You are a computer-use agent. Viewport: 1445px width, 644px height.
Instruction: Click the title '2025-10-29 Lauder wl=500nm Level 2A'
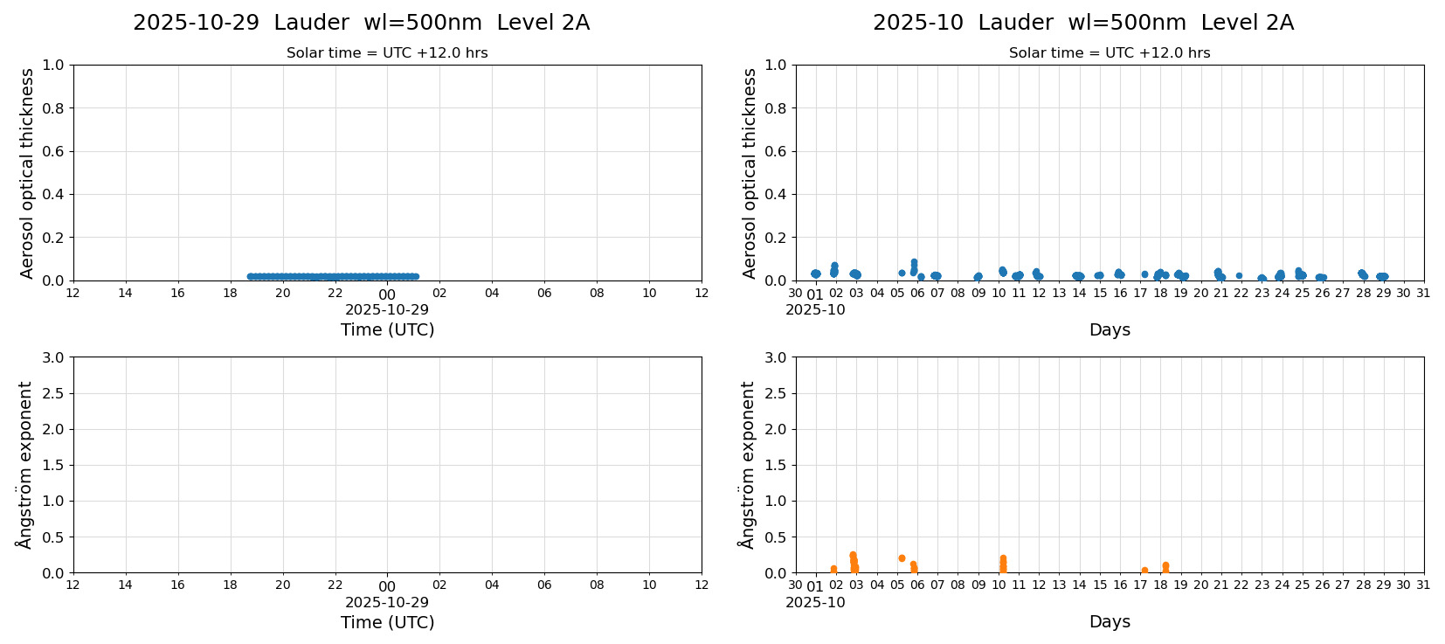point(361,24)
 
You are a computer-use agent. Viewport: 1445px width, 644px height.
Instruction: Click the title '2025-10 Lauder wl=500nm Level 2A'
point(1082,24)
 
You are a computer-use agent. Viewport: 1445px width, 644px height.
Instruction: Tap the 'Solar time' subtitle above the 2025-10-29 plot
point(387,53)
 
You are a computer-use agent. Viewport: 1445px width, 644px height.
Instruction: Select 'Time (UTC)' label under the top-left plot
point(387,329)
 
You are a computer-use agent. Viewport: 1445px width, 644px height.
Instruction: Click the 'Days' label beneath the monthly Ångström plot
point(1110,622)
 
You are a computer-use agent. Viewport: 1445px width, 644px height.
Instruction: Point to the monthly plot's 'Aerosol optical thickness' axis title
point(750,173)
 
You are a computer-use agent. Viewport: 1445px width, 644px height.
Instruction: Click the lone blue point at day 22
point(1239,276)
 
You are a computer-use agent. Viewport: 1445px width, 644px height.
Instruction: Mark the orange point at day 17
point(1144,571)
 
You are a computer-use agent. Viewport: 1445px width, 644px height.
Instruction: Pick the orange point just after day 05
point(902,558)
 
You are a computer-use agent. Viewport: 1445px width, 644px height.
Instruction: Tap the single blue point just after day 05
point(902,274)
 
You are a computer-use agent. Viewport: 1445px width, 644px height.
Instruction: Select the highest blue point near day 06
point(914,262)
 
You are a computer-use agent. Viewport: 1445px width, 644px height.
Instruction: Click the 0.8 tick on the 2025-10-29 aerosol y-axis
point(53,108)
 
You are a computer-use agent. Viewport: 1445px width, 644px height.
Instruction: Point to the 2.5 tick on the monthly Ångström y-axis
point(776,393)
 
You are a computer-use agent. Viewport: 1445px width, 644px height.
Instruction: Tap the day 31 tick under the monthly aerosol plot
point(1423,294)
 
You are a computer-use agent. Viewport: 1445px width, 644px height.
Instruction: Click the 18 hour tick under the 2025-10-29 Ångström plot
point(230,585)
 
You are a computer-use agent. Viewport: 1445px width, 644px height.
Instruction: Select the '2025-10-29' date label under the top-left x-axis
point(387,309)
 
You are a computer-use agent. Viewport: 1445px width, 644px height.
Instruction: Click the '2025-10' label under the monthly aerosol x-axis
point(815,309)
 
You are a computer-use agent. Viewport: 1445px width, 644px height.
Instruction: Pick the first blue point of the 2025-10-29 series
point(251,277)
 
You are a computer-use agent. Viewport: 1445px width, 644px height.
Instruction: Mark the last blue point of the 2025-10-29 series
point(415,277)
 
